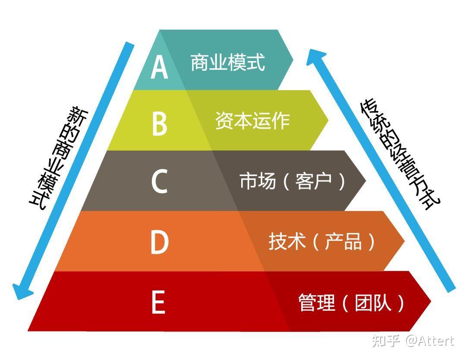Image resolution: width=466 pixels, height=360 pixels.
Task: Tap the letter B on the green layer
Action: [159, 123]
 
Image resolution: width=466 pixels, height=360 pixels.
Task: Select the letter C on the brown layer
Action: [159, 182]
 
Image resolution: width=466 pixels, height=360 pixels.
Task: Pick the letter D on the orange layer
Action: [159, 242]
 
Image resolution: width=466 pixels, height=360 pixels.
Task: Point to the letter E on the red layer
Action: [158, 303]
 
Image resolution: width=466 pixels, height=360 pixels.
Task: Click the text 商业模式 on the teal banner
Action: [227, 63]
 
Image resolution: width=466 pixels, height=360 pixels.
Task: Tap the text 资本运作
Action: [252, 121]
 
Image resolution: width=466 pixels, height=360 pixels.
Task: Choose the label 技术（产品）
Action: [322, 242]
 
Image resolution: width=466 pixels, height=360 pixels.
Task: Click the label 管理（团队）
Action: [351, 303]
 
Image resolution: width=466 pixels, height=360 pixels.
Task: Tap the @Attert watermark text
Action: [429, 341]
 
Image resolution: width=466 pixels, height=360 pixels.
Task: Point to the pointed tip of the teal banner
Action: [292, 60]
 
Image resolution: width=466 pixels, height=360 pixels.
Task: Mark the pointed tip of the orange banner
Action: [403, 241]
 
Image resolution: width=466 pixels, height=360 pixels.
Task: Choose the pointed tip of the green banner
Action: [327, 120]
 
